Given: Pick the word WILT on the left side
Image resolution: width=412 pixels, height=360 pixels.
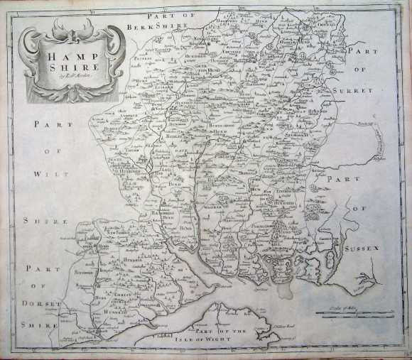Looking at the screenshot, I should coord(47,173).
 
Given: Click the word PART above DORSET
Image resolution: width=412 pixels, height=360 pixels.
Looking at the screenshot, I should coord(38,268).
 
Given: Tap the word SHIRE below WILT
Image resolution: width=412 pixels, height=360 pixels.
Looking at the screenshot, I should coord(44,219).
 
